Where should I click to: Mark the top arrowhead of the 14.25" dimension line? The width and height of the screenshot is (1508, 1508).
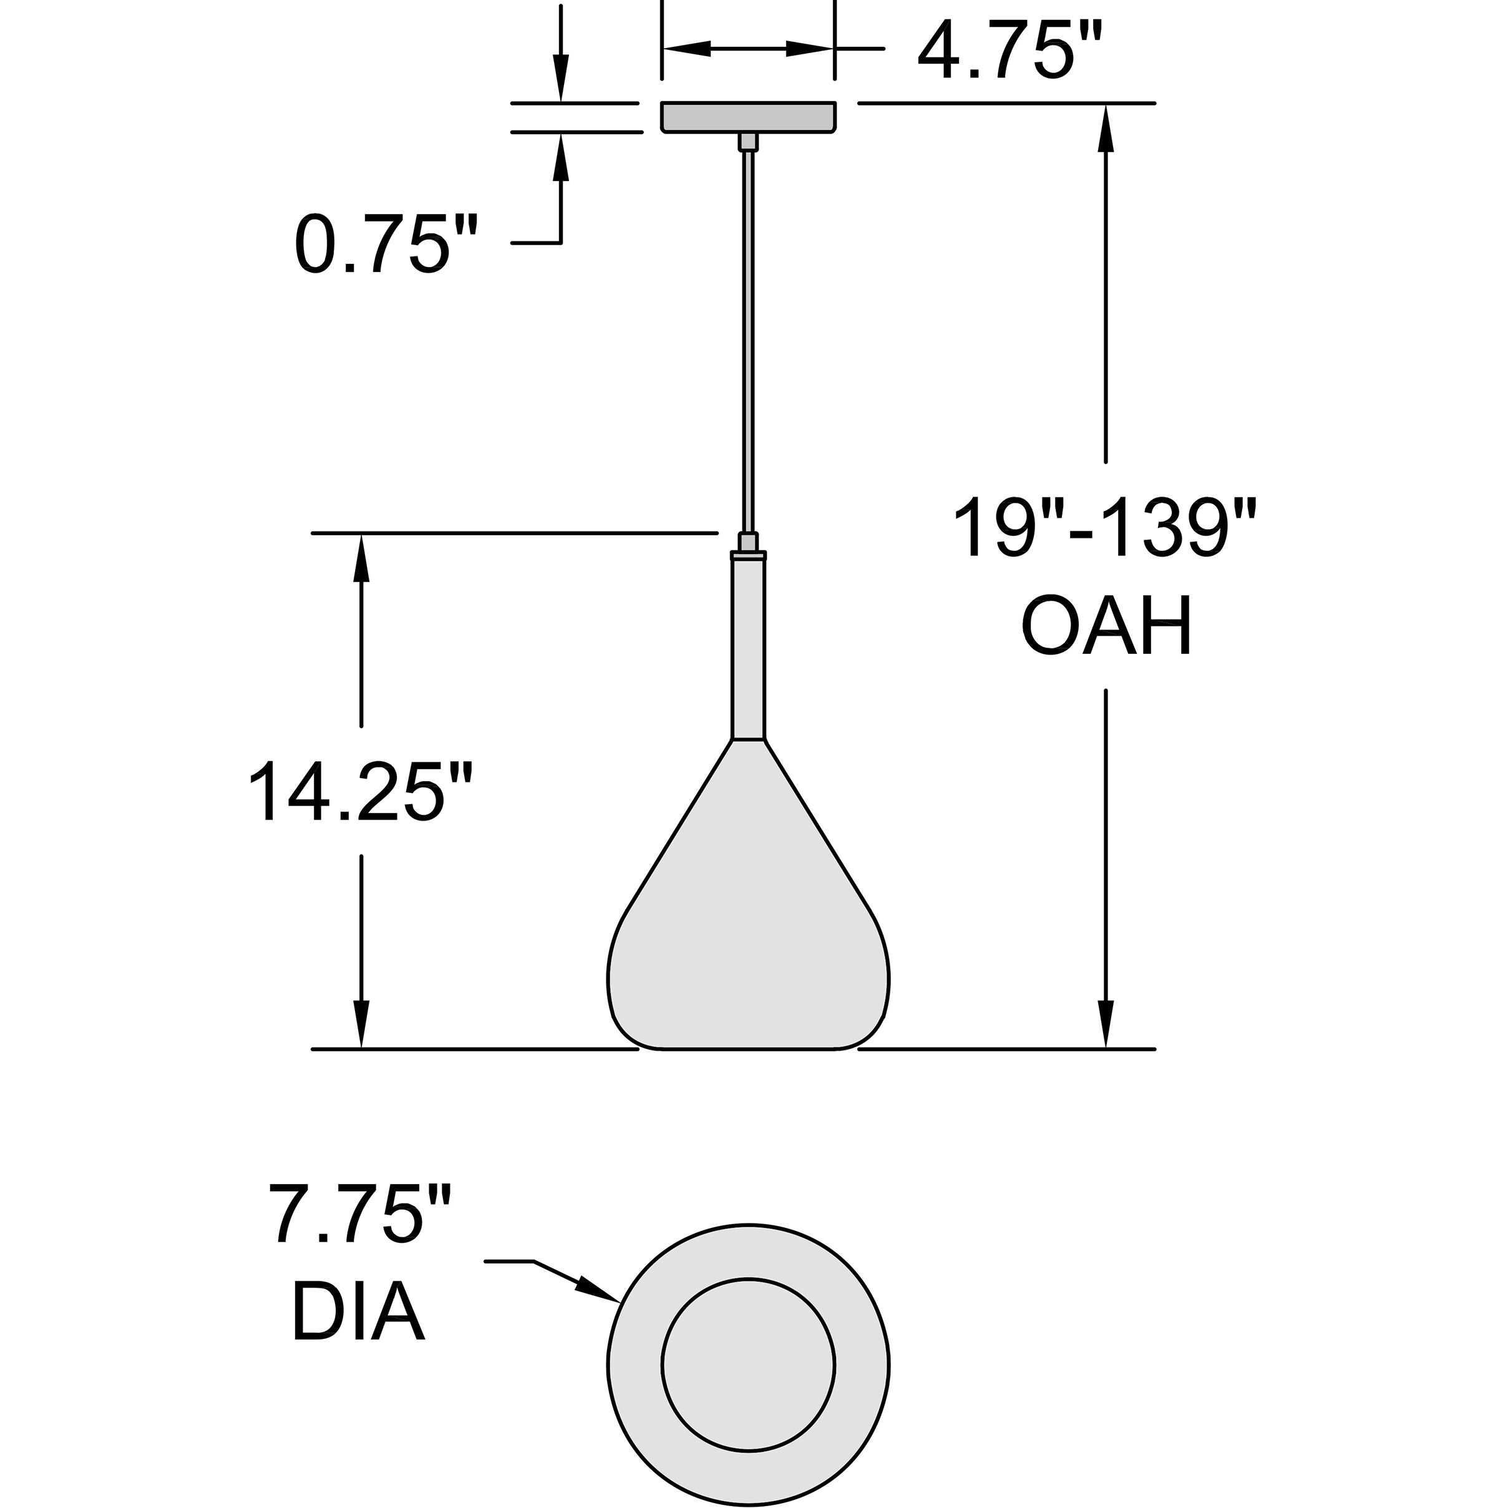[x=361, y=557]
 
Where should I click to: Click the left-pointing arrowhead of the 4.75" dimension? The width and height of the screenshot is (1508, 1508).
[x=687, y=49]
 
